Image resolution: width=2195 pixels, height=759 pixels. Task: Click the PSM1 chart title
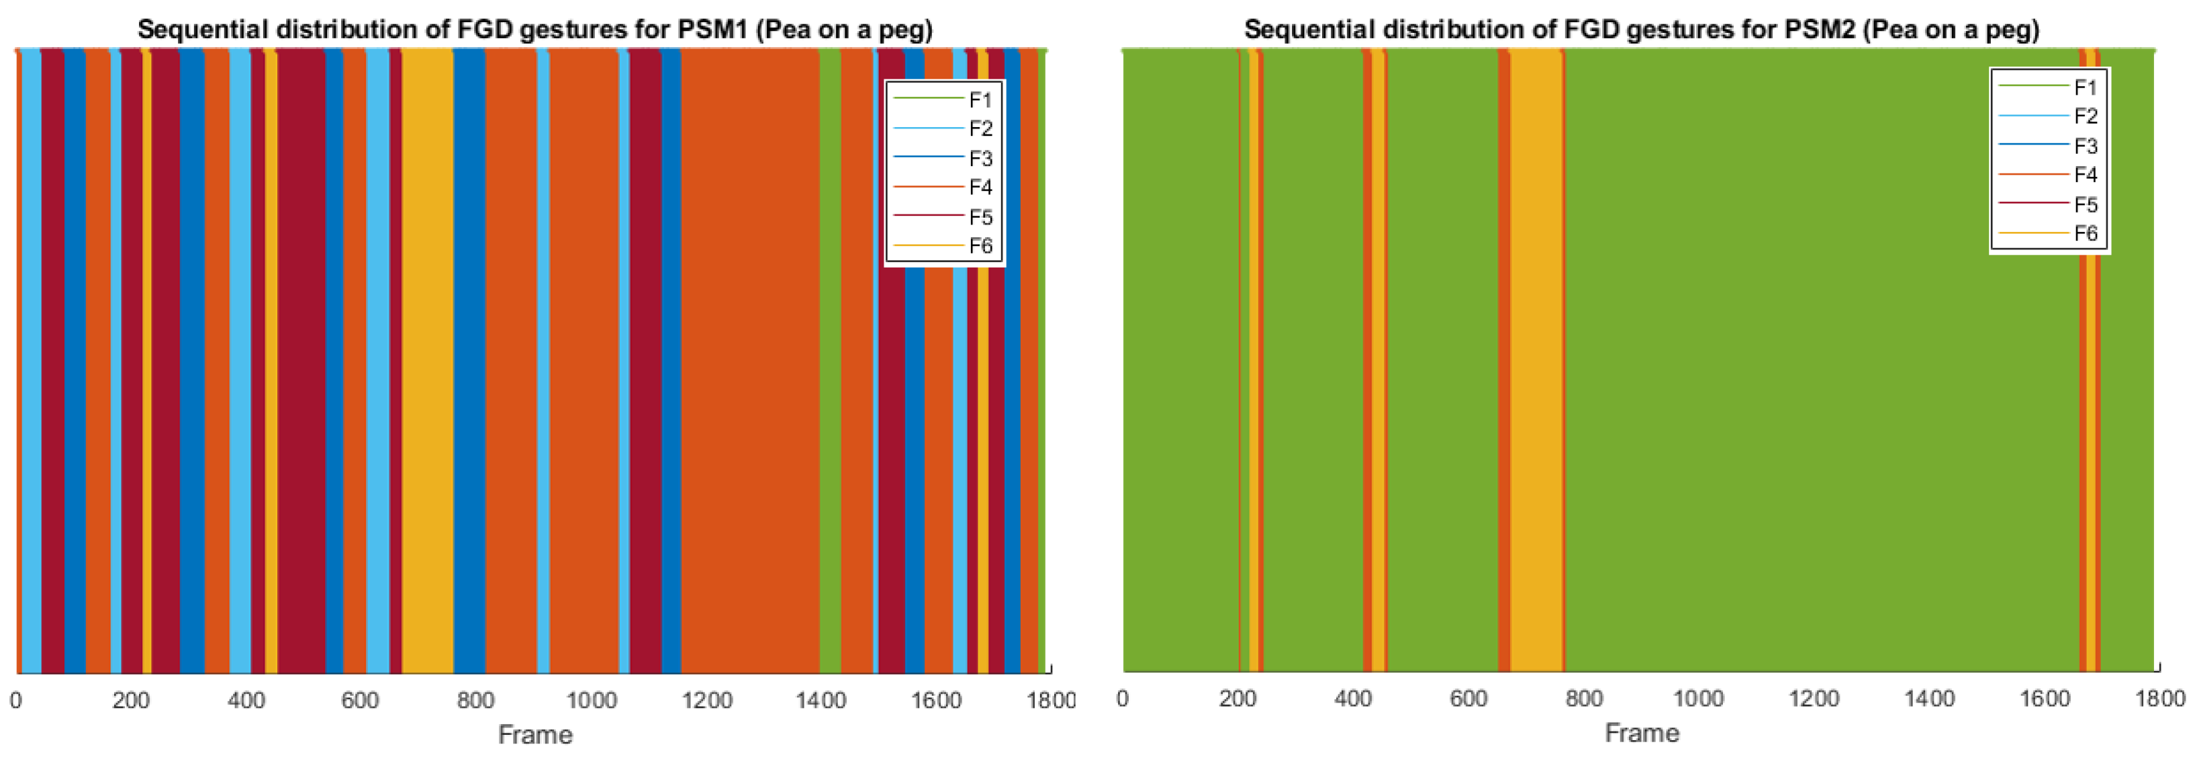coord(535,30)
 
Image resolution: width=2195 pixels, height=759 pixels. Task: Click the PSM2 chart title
coord(1641,30)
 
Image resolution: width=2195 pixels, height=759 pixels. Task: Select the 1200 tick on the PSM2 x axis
coord(1814,699)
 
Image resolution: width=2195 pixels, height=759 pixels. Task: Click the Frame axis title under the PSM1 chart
coord(535,735)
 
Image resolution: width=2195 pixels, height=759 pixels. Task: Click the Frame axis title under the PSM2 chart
coord(1641,733)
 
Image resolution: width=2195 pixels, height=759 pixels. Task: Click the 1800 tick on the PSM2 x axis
coord(2159,699)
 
